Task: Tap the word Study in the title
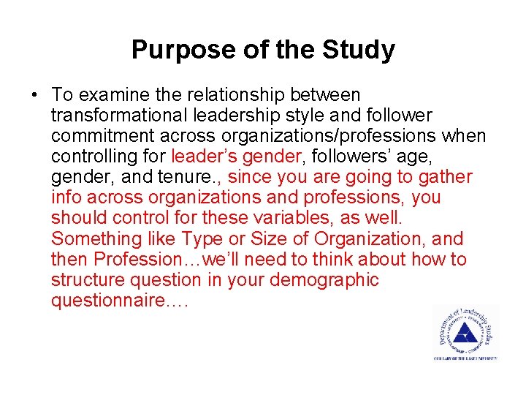tap(360, 50)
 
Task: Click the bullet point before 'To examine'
tap(34, 95)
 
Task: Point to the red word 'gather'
tap(447, 177)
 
